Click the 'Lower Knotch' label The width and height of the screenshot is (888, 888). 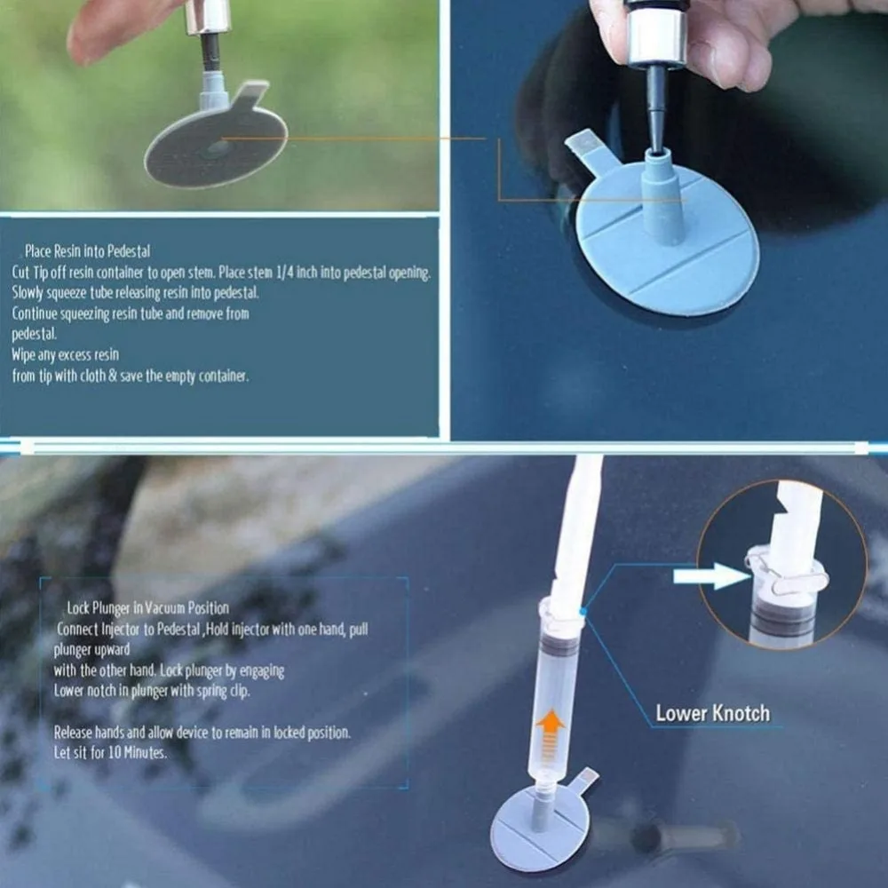point(712,713)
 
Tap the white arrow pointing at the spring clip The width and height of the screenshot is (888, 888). point(711,576)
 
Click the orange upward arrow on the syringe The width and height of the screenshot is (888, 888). point(550,733)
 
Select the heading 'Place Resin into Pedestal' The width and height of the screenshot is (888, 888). point(88,251)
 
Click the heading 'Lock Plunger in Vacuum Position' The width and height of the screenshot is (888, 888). point(147,607)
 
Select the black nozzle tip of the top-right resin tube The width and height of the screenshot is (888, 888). point(657,109)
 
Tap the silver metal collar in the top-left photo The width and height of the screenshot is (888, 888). point(208,17)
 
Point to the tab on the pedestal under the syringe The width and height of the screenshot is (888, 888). point(583,780)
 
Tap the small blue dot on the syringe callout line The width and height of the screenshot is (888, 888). point(583,612)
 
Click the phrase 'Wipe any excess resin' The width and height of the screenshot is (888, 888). point(65,354)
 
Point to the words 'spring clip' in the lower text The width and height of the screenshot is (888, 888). point(223,691)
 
